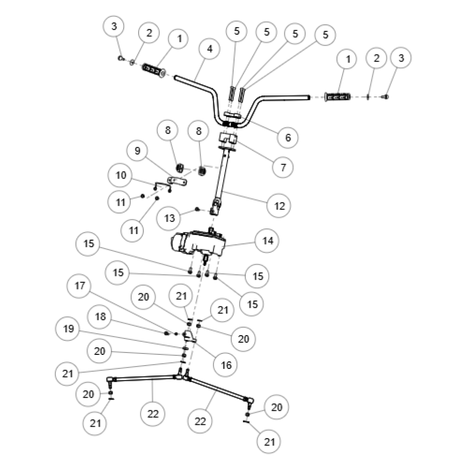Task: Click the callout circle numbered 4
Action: click(210, 49)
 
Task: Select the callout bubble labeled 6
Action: click(288, 138)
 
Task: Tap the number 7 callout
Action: click(283, 167)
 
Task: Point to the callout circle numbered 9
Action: click(137, 150)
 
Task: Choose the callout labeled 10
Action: click(120, 175)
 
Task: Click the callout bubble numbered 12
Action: click(279, 206)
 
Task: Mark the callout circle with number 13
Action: click(169, 218)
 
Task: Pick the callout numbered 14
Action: click(267, 241)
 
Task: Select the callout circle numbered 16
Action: click(226, 365)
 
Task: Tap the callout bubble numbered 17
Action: click(79, 286)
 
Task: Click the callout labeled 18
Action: click(100, 316)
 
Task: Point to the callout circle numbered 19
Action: click(68, 329)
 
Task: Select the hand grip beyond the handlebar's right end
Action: click(337, 97)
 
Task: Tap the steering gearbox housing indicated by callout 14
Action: click(198, 243)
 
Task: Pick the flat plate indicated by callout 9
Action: click(177, 181)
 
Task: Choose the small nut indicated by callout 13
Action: click(197, 209)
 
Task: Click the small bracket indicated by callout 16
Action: click(189, 336)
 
